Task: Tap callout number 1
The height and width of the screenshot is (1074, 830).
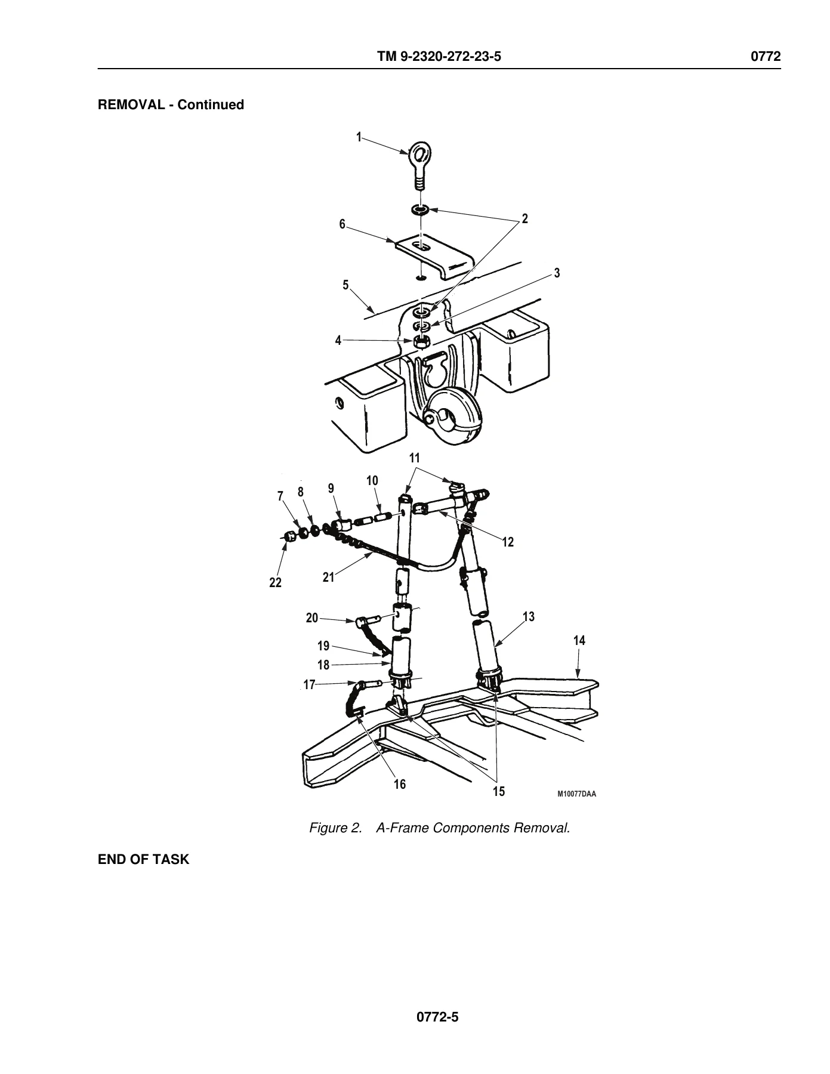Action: pos(359,137)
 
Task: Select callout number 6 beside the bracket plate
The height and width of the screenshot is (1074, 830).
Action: pos(343,224)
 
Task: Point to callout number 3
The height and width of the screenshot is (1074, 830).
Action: pos(557,273)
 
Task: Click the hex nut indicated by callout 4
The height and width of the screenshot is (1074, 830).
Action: pos(422,342)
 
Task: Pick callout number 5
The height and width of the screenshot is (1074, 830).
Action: pos(345,285)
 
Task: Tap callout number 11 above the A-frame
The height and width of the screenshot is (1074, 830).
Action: pos(414,458)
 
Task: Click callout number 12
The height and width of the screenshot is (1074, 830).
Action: pos(508,542)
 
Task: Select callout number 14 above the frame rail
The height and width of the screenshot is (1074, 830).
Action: pos(579,641)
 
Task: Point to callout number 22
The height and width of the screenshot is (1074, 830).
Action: pos(275,583)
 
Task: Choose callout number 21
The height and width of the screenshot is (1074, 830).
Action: pos(329,578)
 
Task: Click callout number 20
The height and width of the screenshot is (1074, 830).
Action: pos(312,618)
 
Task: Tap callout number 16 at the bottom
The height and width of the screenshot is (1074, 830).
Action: pos(400,784)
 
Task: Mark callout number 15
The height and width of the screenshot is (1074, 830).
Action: pos(499,792)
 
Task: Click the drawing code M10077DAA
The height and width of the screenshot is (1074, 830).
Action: pos(577,794)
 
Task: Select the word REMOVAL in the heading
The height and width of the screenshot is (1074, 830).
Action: pos(132,105)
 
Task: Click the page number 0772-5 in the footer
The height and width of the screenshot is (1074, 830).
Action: pos(437,1017)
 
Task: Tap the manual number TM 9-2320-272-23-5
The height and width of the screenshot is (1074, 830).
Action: pos(439,57)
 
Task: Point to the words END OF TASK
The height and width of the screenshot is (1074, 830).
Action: pos(143,860)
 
